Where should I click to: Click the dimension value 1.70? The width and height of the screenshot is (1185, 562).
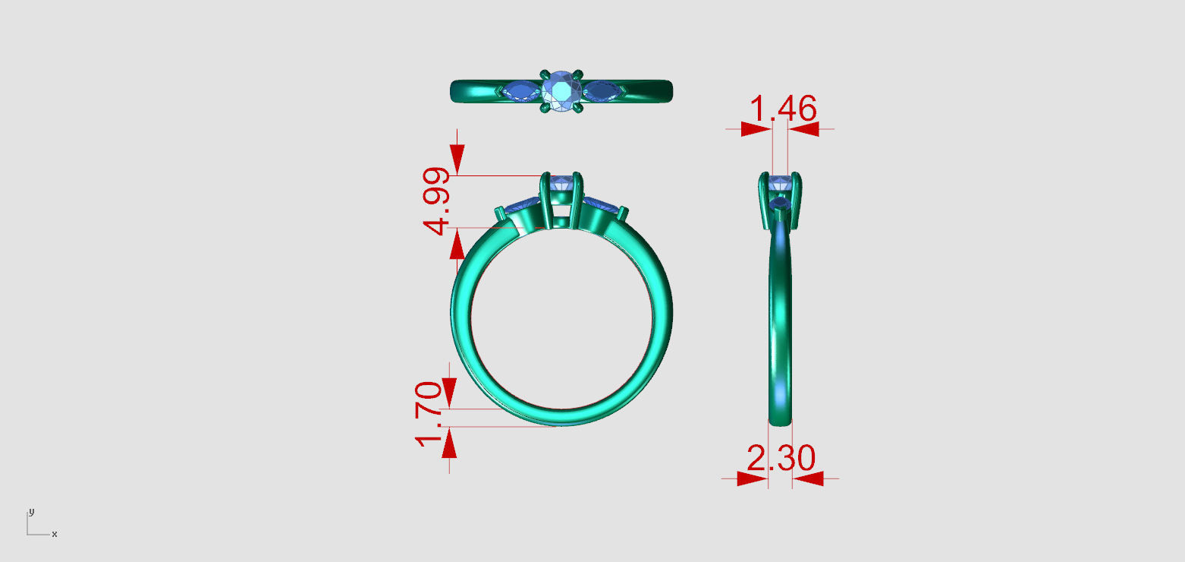(x=429, y=413)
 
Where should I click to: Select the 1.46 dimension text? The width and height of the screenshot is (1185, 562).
(x=782, y=110)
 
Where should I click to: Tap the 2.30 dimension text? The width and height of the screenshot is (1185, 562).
(x=781, y=459)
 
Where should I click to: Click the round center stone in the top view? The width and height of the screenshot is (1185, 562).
(x=562, y=90)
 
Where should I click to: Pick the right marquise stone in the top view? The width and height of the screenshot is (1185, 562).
(x=603, y=91)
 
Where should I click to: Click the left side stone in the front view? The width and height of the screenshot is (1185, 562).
(x=523, y=204)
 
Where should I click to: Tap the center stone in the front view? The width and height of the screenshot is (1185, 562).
(x=562, y=182)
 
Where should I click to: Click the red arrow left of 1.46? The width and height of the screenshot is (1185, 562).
(x=755, y=129)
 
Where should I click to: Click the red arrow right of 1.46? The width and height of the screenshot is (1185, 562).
(x=804, y=129)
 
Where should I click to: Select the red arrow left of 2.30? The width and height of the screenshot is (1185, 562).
(x=751, y=478)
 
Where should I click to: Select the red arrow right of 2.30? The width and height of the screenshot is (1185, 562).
(x=809, y=478)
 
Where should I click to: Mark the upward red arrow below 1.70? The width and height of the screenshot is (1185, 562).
(x=449, y=444)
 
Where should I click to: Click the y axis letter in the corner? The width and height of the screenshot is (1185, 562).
(x=31, y=511)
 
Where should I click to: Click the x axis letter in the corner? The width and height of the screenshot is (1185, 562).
(x=55, y=535)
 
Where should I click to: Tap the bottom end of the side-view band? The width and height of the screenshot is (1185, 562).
(x=781, y=419)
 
